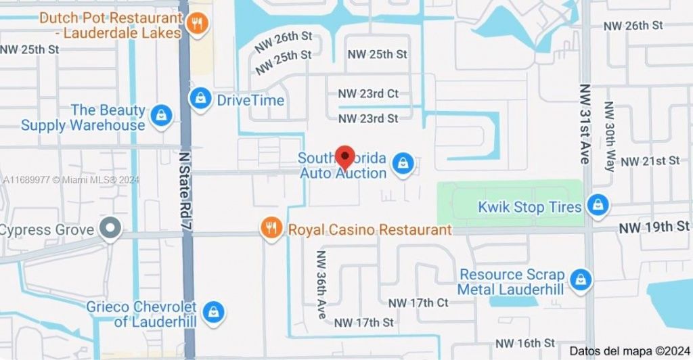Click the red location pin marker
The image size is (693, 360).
(345, 157)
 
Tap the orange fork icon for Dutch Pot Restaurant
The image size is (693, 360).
(198, 24)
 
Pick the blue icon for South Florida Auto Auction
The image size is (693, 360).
(403, 163)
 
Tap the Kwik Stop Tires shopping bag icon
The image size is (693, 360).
(598, 205)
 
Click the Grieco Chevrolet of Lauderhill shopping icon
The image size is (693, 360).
(213, 312)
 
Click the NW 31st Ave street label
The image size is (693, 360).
(585, 124)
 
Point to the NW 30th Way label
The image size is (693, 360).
(609, 136)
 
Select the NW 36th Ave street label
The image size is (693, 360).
(321, 277)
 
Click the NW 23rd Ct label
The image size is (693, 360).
(369, 94)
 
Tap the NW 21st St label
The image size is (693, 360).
(650, 161)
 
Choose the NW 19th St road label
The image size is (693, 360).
(654, 227)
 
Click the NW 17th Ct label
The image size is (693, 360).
(418, 302)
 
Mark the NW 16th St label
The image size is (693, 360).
(525, 343)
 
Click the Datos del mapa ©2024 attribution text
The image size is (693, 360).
(627, 351)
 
